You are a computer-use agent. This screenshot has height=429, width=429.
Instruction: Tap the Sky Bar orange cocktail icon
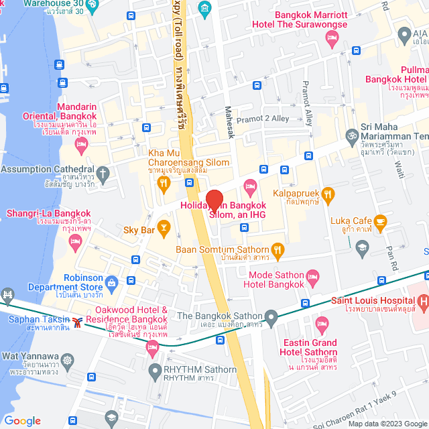(x=162, y=226)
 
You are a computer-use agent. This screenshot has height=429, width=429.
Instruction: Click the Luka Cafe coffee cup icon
(x=380, y=221)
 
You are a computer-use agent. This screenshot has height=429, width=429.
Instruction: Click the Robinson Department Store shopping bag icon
(x=111, y=282)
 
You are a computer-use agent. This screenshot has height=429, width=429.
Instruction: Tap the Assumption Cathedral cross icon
(x=102, y=174)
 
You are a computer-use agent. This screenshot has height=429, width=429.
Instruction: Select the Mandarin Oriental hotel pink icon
(x=82, y=143)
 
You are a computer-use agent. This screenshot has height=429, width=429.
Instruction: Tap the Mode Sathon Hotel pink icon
(x=312, y=275)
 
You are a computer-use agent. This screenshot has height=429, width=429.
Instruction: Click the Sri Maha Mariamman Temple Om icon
(x=351, y=135)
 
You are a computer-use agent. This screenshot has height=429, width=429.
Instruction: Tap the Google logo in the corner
(x=22, y=420)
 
